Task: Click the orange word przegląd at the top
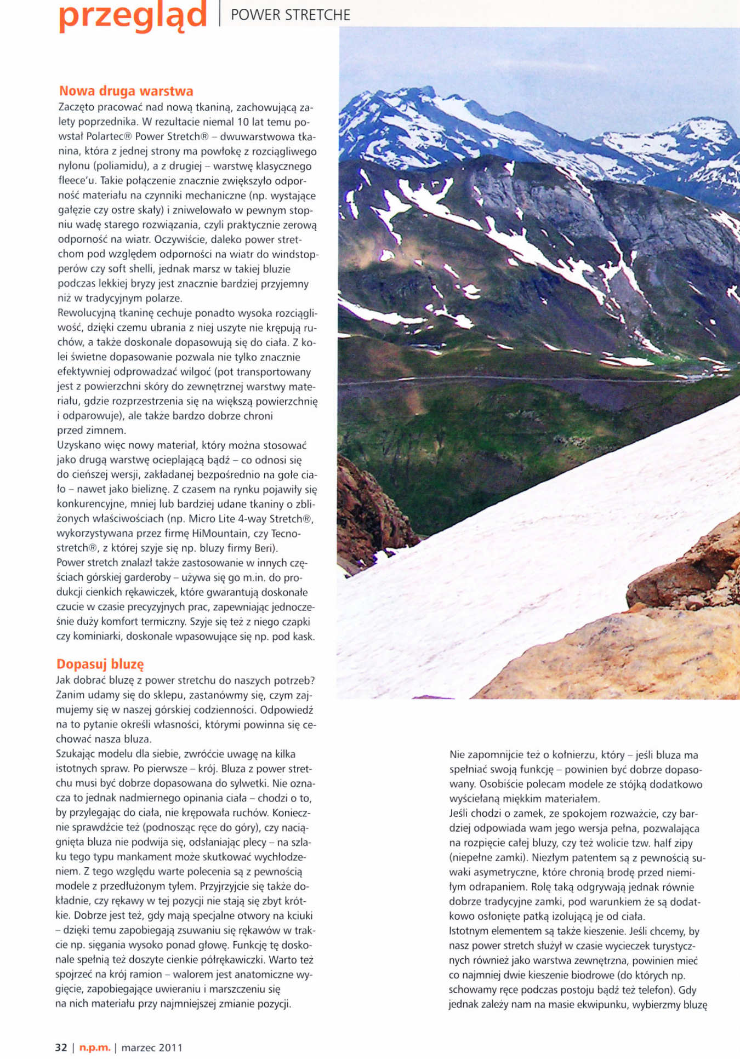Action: pos(133,15)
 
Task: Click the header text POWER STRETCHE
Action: pos(291,15)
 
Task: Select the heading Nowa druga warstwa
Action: pos(126,91)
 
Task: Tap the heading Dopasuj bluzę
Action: pos(100,664)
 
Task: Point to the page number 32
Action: pos(61,1047)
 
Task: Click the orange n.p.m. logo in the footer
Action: pos(95,1047)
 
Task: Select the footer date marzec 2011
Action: pos(152,1047)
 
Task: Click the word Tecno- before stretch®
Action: pos(285,533)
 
